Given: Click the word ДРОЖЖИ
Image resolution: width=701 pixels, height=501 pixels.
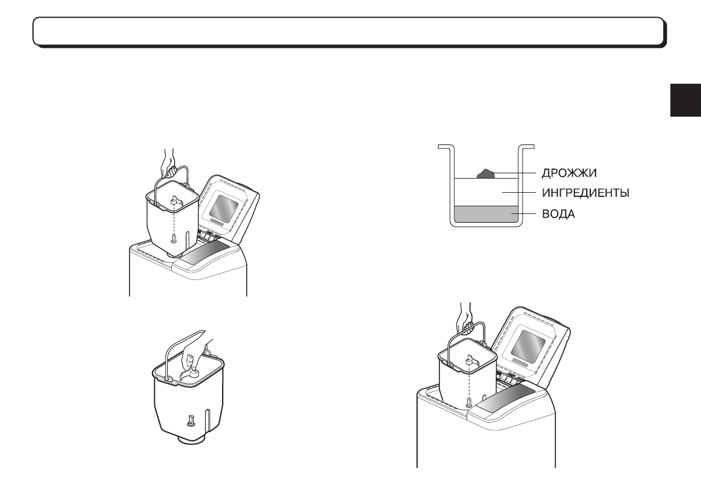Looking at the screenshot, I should [x=569, y=173].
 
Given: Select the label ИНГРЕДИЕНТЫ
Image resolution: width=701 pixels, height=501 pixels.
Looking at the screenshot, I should [x=586, y=193].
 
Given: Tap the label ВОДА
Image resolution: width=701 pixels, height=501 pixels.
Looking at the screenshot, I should [x=558, y=214].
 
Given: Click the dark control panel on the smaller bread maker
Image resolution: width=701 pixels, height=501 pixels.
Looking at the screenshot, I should [x=205, y=255].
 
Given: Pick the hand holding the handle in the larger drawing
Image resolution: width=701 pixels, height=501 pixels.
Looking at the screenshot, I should [x=466, y=317].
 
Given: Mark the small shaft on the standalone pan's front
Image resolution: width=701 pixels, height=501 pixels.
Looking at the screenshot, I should [x=191, y=420].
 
